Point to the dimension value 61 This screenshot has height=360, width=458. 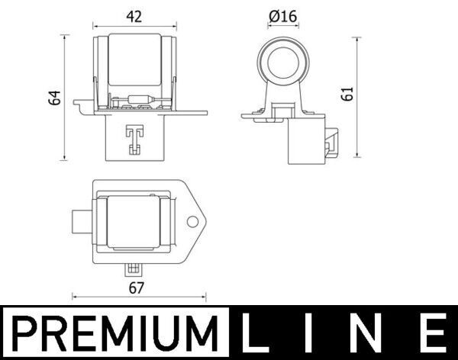pos(349,95)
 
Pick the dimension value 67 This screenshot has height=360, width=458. pos(137,288)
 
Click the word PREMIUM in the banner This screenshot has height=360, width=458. pos(112,334)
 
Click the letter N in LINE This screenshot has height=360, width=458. pos(369,334)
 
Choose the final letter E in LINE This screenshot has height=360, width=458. pos(431,334)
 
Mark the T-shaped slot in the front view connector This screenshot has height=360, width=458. pos(134,137)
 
